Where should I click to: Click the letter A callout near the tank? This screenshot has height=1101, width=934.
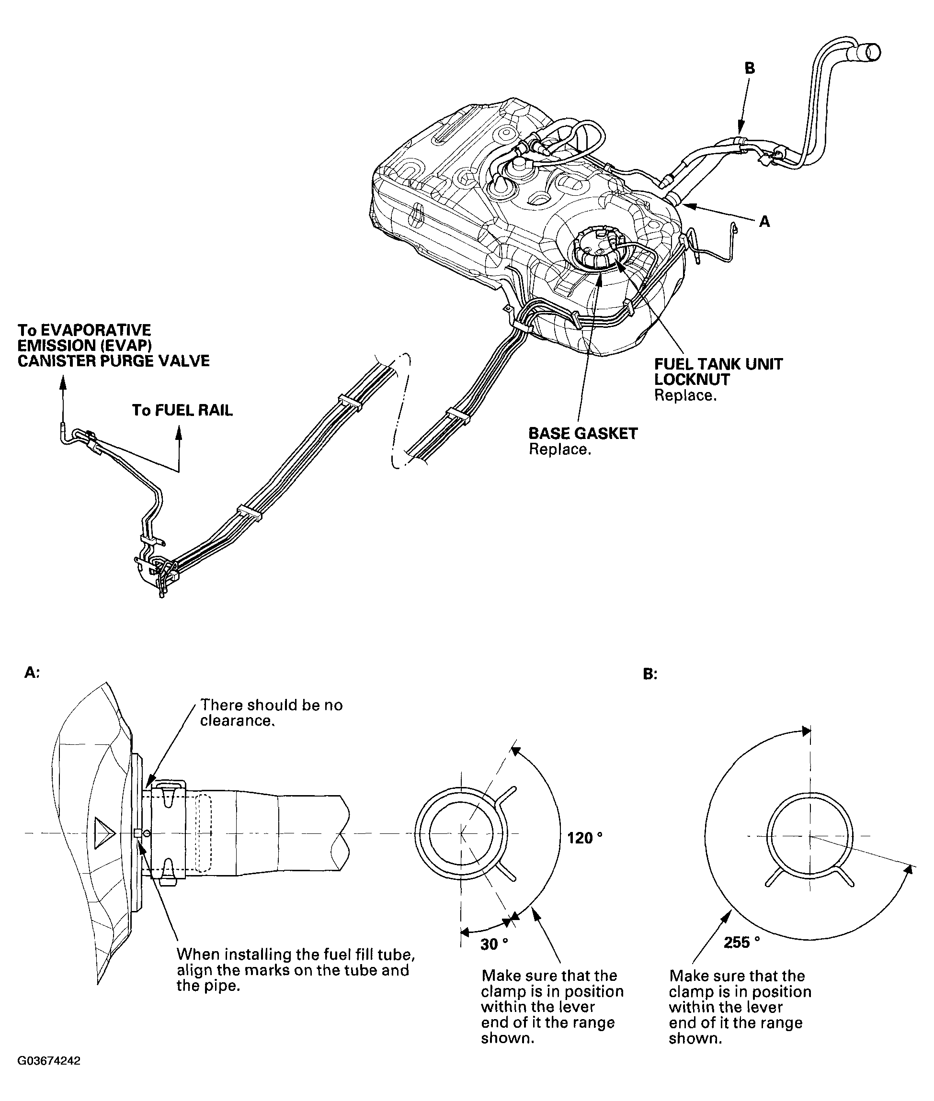(764, 221)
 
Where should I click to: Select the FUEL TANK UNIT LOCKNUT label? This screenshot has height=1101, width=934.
(718, 371)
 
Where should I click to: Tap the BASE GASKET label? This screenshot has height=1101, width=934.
(583, 433)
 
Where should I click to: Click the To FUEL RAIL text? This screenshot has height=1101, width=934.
(182, 410)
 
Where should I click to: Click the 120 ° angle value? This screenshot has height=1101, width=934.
(584, 838)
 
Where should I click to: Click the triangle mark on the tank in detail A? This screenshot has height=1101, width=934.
(104, 833)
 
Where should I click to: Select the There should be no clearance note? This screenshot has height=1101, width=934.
(271, 712)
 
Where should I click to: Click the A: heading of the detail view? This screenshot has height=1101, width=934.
(32, 673)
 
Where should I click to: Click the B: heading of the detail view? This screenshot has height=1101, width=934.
(649, 674)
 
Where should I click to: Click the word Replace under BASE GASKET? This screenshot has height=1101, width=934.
(559, 449)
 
